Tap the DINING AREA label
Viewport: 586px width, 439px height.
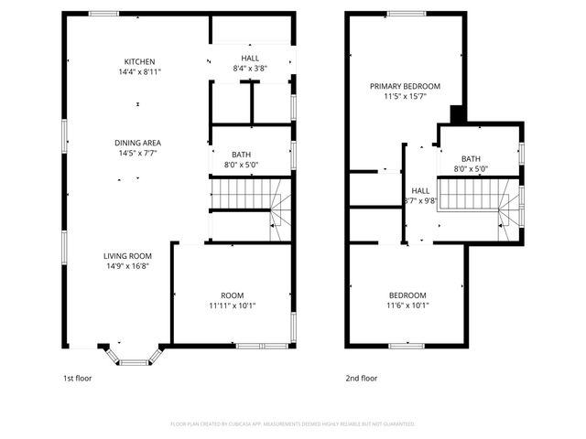click(137, 142)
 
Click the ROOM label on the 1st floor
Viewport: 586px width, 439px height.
click(233, 294)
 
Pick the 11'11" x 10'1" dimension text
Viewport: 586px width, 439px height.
click(233, 305)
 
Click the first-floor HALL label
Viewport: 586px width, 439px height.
click(251, 58)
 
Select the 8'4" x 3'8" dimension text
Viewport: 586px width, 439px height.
click(251, 69)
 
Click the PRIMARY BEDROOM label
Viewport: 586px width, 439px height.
click(398, 86)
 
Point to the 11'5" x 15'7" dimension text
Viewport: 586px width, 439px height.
click(398, 96)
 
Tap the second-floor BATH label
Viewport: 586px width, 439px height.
click(471, 158)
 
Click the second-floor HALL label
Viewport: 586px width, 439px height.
click(420, 190)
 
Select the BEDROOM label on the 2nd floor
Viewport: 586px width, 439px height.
click(407, 294)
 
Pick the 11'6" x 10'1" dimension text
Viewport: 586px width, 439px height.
click(407, 305)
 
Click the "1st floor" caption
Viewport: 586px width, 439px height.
click(77, 378)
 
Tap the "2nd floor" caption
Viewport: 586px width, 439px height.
click(362, 378)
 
